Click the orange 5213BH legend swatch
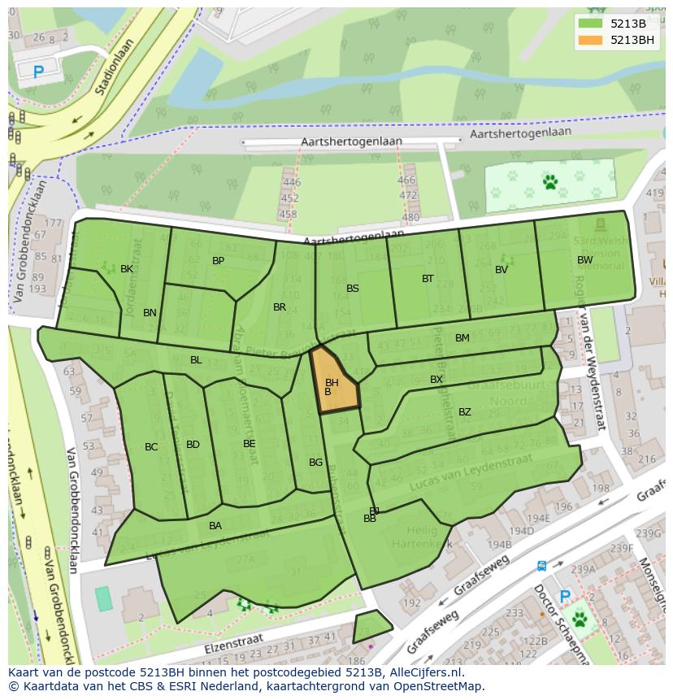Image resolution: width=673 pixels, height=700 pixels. pos(591,40)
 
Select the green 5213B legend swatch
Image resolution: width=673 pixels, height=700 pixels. pos(591,23)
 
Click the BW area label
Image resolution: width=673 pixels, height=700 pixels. pos(584,260)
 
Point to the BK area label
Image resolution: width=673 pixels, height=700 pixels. pos(127,269)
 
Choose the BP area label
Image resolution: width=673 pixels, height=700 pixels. pos(218,261)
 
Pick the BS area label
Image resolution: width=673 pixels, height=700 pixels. pos(353,289)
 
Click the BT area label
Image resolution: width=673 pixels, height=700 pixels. pos(428,279)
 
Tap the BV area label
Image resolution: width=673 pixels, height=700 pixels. pos(501,270)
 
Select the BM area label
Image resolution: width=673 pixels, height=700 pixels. pos(462,338)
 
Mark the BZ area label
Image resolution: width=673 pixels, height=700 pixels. pos(465,412)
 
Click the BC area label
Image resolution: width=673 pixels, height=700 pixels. pos(151,447)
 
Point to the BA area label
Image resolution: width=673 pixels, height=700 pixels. pos(215,526)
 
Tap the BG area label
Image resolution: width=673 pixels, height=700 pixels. pos(316,463)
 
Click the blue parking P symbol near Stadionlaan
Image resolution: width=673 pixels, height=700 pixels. pos(38,72)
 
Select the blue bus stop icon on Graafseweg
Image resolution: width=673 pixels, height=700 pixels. pos(542,566)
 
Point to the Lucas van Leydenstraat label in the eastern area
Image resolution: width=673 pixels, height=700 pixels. pos(462,471)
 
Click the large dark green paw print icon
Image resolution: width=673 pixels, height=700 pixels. pos(550,182)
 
